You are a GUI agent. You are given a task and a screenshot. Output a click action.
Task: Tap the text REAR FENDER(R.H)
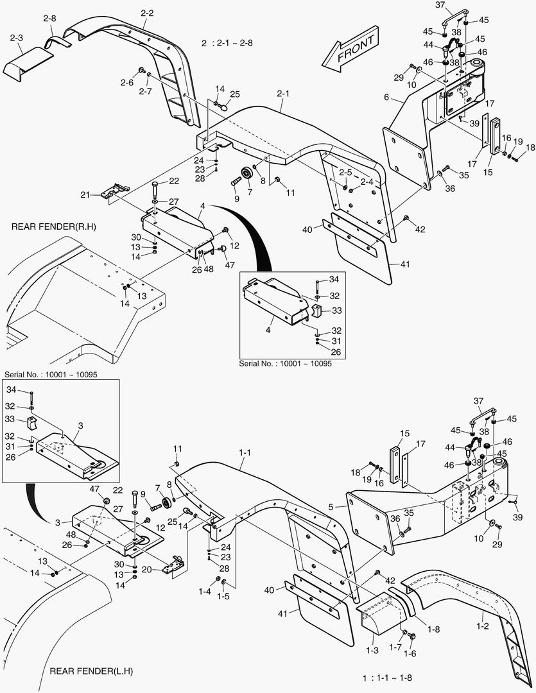click(55, 227)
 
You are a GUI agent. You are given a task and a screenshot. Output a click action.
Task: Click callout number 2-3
click(17, 38)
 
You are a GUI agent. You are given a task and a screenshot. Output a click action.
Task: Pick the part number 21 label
click(85, 194)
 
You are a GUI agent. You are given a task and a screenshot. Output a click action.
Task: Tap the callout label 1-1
click(245, 453)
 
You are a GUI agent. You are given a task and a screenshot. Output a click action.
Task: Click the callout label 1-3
click(372, 650)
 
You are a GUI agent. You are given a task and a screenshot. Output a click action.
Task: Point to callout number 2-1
click(283, 94)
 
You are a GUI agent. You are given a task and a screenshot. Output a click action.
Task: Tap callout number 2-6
click(126, 82)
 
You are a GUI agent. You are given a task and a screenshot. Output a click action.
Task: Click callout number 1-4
click(205, 590)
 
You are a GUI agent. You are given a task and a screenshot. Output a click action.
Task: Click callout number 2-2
click(147, 13)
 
